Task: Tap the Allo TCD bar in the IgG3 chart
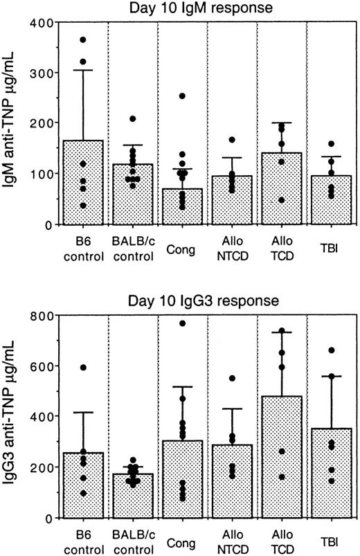click(282, 456)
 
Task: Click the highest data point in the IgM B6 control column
click(83, 40)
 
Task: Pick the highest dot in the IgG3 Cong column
click(183, 323)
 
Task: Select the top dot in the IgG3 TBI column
click(332, 350)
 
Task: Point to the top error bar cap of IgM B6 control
click(83, 70)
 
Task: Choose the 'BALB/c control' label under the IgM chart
click(133, 248)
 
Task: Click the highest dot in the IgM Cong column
click(183, 96)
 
